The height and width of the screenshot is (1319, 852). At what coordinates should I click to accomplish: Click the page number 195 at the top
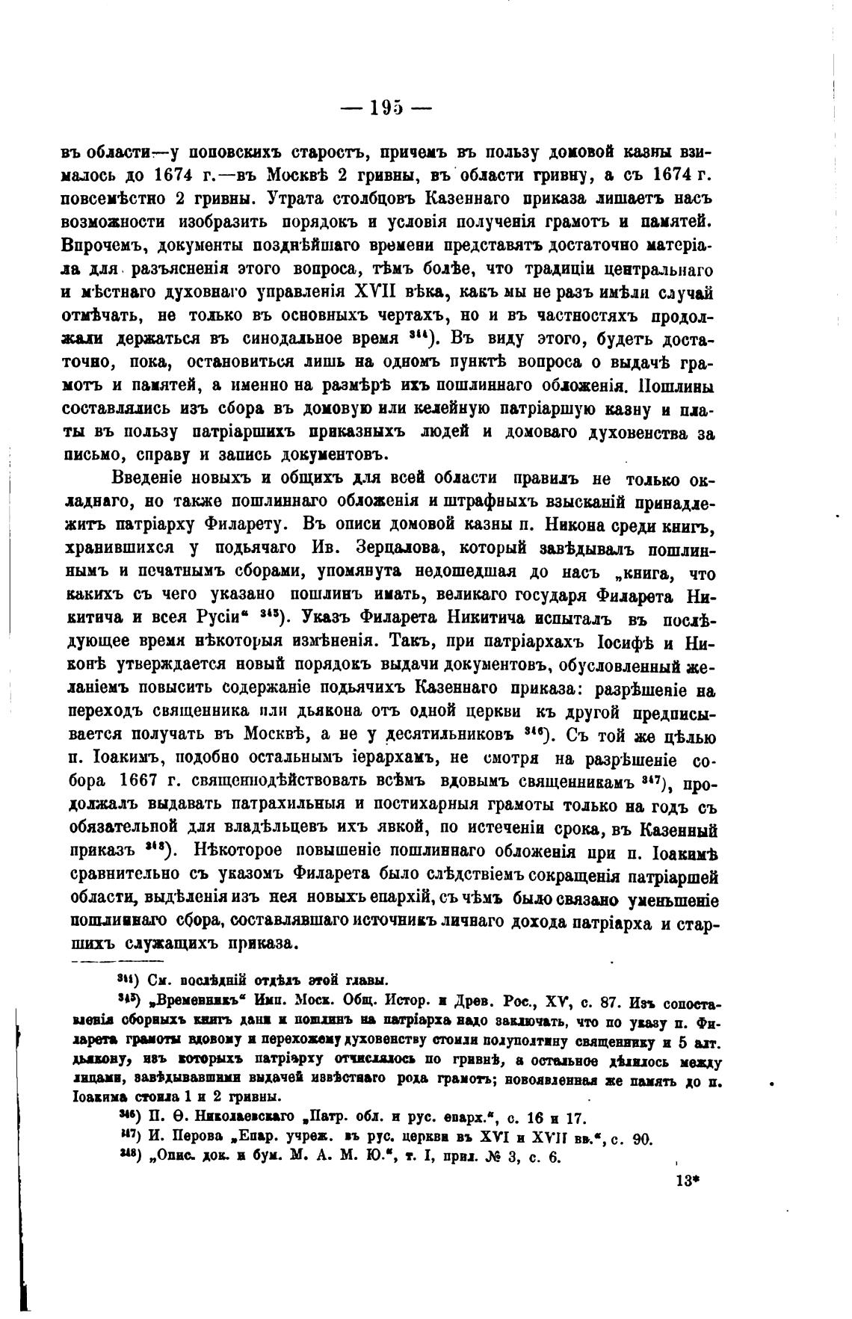tap(386, 108)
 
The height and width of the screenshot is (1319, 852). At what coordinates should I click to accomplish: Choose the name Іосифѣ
tap(635, 642)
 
